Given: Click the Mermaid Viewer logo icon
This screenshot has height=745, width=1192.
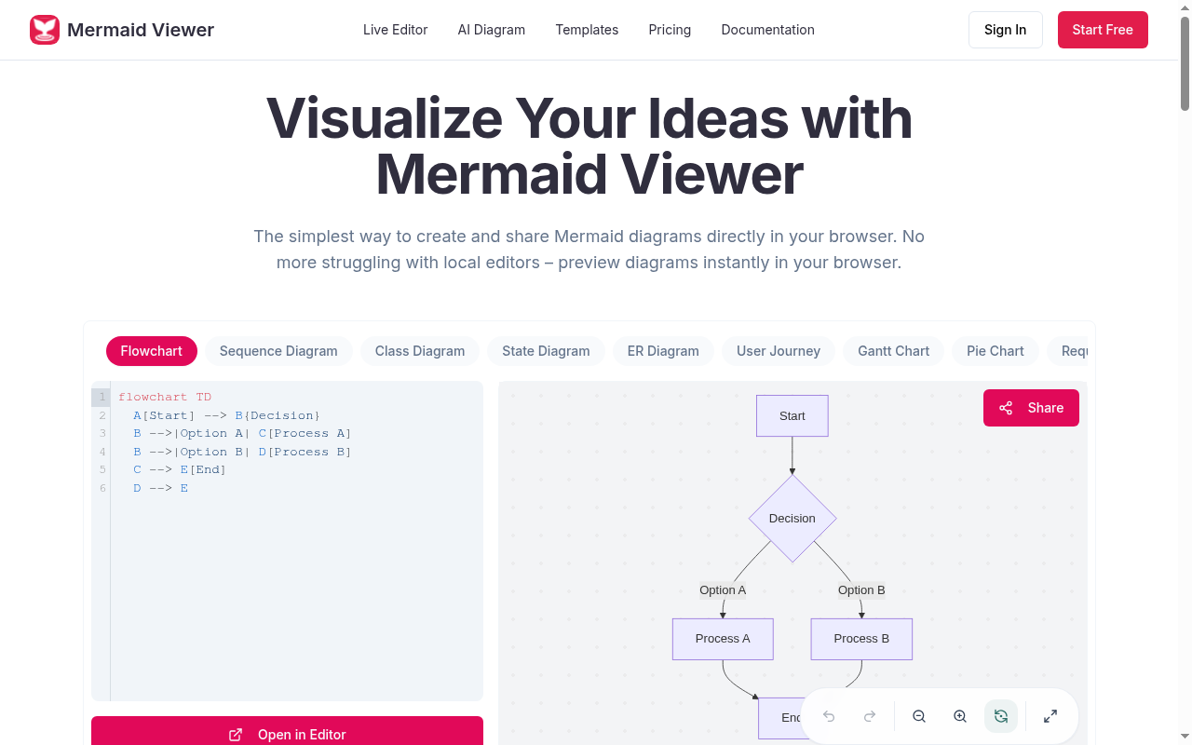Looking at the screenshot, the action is (x=44, y=30).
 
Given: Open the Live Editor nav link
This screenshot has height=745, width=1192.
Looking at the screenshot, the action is (x=396, y=30).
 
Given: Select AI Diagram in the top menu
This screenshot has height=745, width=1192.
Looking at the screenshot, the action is (x=491, y=30).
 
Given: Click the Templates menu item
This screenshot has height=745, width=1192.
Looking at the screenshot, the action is (x=587, y=30).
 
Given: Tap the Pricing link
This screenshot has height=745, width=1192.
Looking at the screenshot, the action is (x=670, y=30).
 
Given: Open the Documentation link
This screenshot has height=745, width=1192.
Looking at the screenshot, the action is (x=768, y=30).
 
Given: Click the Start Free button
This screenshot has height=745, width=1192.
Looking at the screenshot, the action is (x=1103, y=30).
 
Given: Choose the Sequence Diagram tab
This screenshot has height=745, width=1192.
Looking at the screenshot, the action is (x=278, y=351).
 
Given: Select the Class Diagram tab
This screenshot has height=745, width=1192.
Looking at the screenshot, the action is (x=420, y=351).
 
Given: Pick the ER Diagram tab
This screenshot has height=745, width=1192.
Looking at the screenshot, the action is (x=663, y=351).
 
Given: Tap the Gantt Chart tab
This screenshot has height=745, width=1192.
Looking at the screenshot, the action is (x=893, y=351).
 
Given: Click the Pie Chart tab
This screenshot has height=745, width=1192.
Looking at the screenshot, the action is (x=996, y=351).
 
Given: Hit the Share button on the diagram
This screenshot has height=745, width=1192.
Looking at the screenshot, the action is (x=1031, y=408).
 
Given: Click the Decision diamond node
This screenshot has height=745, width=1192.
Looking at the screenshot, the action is (x=792, y=519).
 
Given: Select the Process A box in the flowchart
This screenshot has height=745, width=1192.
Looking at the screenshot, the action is (x=723, y=639).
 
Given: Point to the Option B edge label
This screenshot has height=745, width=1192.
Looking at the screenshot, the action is (x=861, y=590).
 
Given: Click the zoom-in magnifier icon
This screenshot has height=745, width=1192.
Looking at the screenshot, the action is (x=960, y=716).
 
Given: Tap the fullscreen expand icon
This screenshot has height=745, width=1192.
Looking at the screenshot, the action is (x=1050, y=716).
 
